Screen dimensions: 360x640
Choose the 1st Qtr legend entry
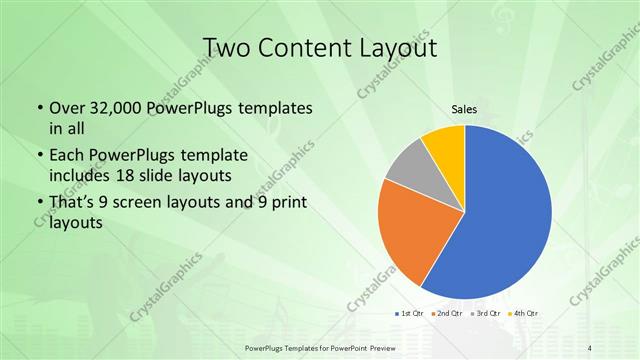pyautogui.click(x=411, y=313)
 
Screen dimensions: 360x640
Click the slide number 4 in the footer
pyautogui.click(x=591, y=346)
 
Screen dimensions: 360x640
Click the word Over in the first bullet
pyautogui.click(x=66, y=108)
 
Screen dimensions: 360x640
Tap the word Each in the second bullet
pyautogui.click(x=66, y=155)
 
